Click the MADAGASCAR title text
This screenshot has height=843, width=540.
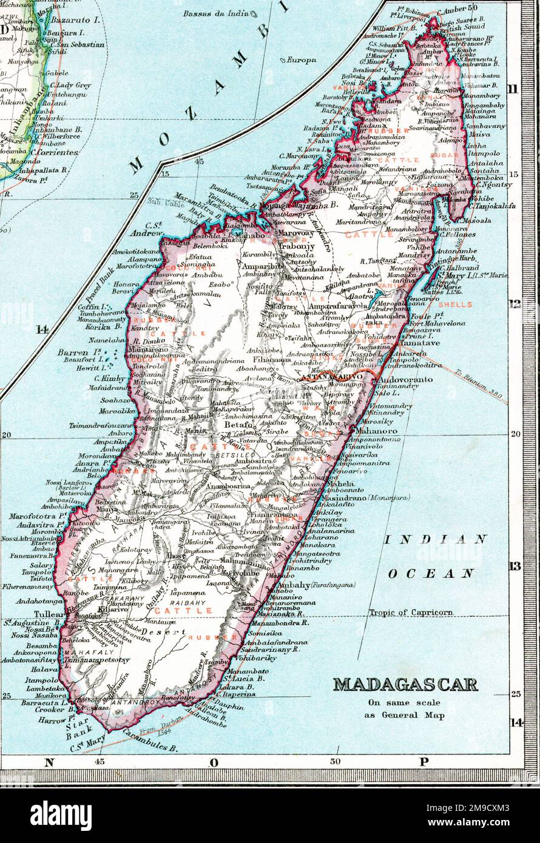[405, 685]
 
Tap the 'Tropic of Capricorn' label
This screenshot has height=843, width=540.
[411, 613]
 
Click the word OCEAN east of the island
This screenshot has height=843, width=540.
[431, 573]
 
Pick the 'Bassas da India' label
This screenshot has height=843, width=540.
[216, 13]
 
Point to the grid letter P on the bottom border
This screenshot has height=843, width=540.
[423, 762]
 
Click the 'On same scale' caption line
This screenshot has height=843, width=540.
[403, 703]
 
